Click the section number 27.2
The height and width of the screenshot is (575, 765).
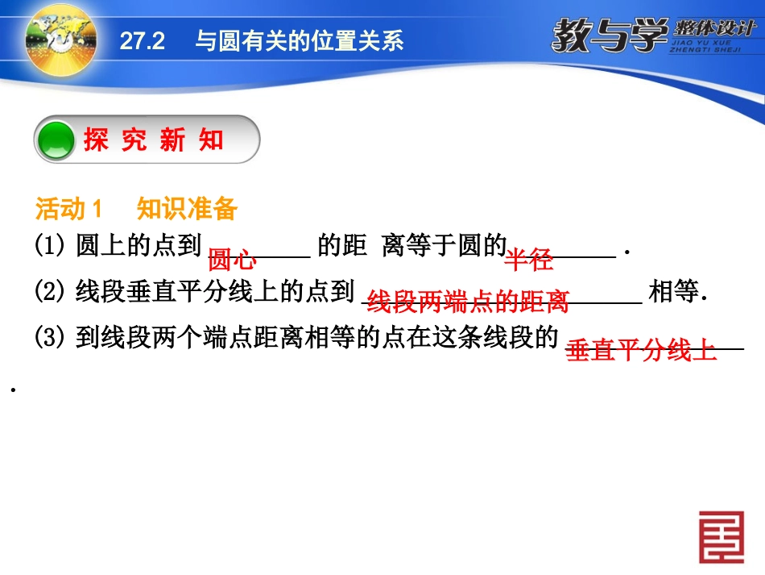pos(142,42)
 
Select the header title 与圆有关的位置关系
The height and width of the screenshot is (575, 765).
pos(300,42)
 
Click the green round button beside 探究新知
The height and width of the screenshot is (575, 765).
pos(56,140)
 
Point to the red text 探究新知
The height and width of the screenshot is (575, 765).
pos(153,140)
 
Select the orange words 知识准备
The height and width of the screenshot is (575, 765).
pos(187,210)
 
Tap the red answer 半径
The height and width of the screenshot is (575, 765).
pos(528,260)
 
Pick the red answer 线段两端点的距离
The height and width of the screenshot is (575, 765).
pos(468,302)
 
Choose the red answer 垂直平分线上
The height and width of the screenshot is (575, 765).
pos(641,351)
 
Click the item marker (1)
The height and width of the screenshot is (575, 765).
pos(51,246)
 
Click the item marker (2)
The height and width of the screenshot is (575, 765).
pos(51,292)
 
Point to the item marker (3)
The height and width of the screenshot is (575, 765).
pos(51,337)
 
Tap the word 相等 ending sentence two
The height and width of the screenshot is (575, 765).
pos(675,292)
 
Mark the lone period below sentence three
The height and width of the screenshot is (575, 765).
pos(14,390)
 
